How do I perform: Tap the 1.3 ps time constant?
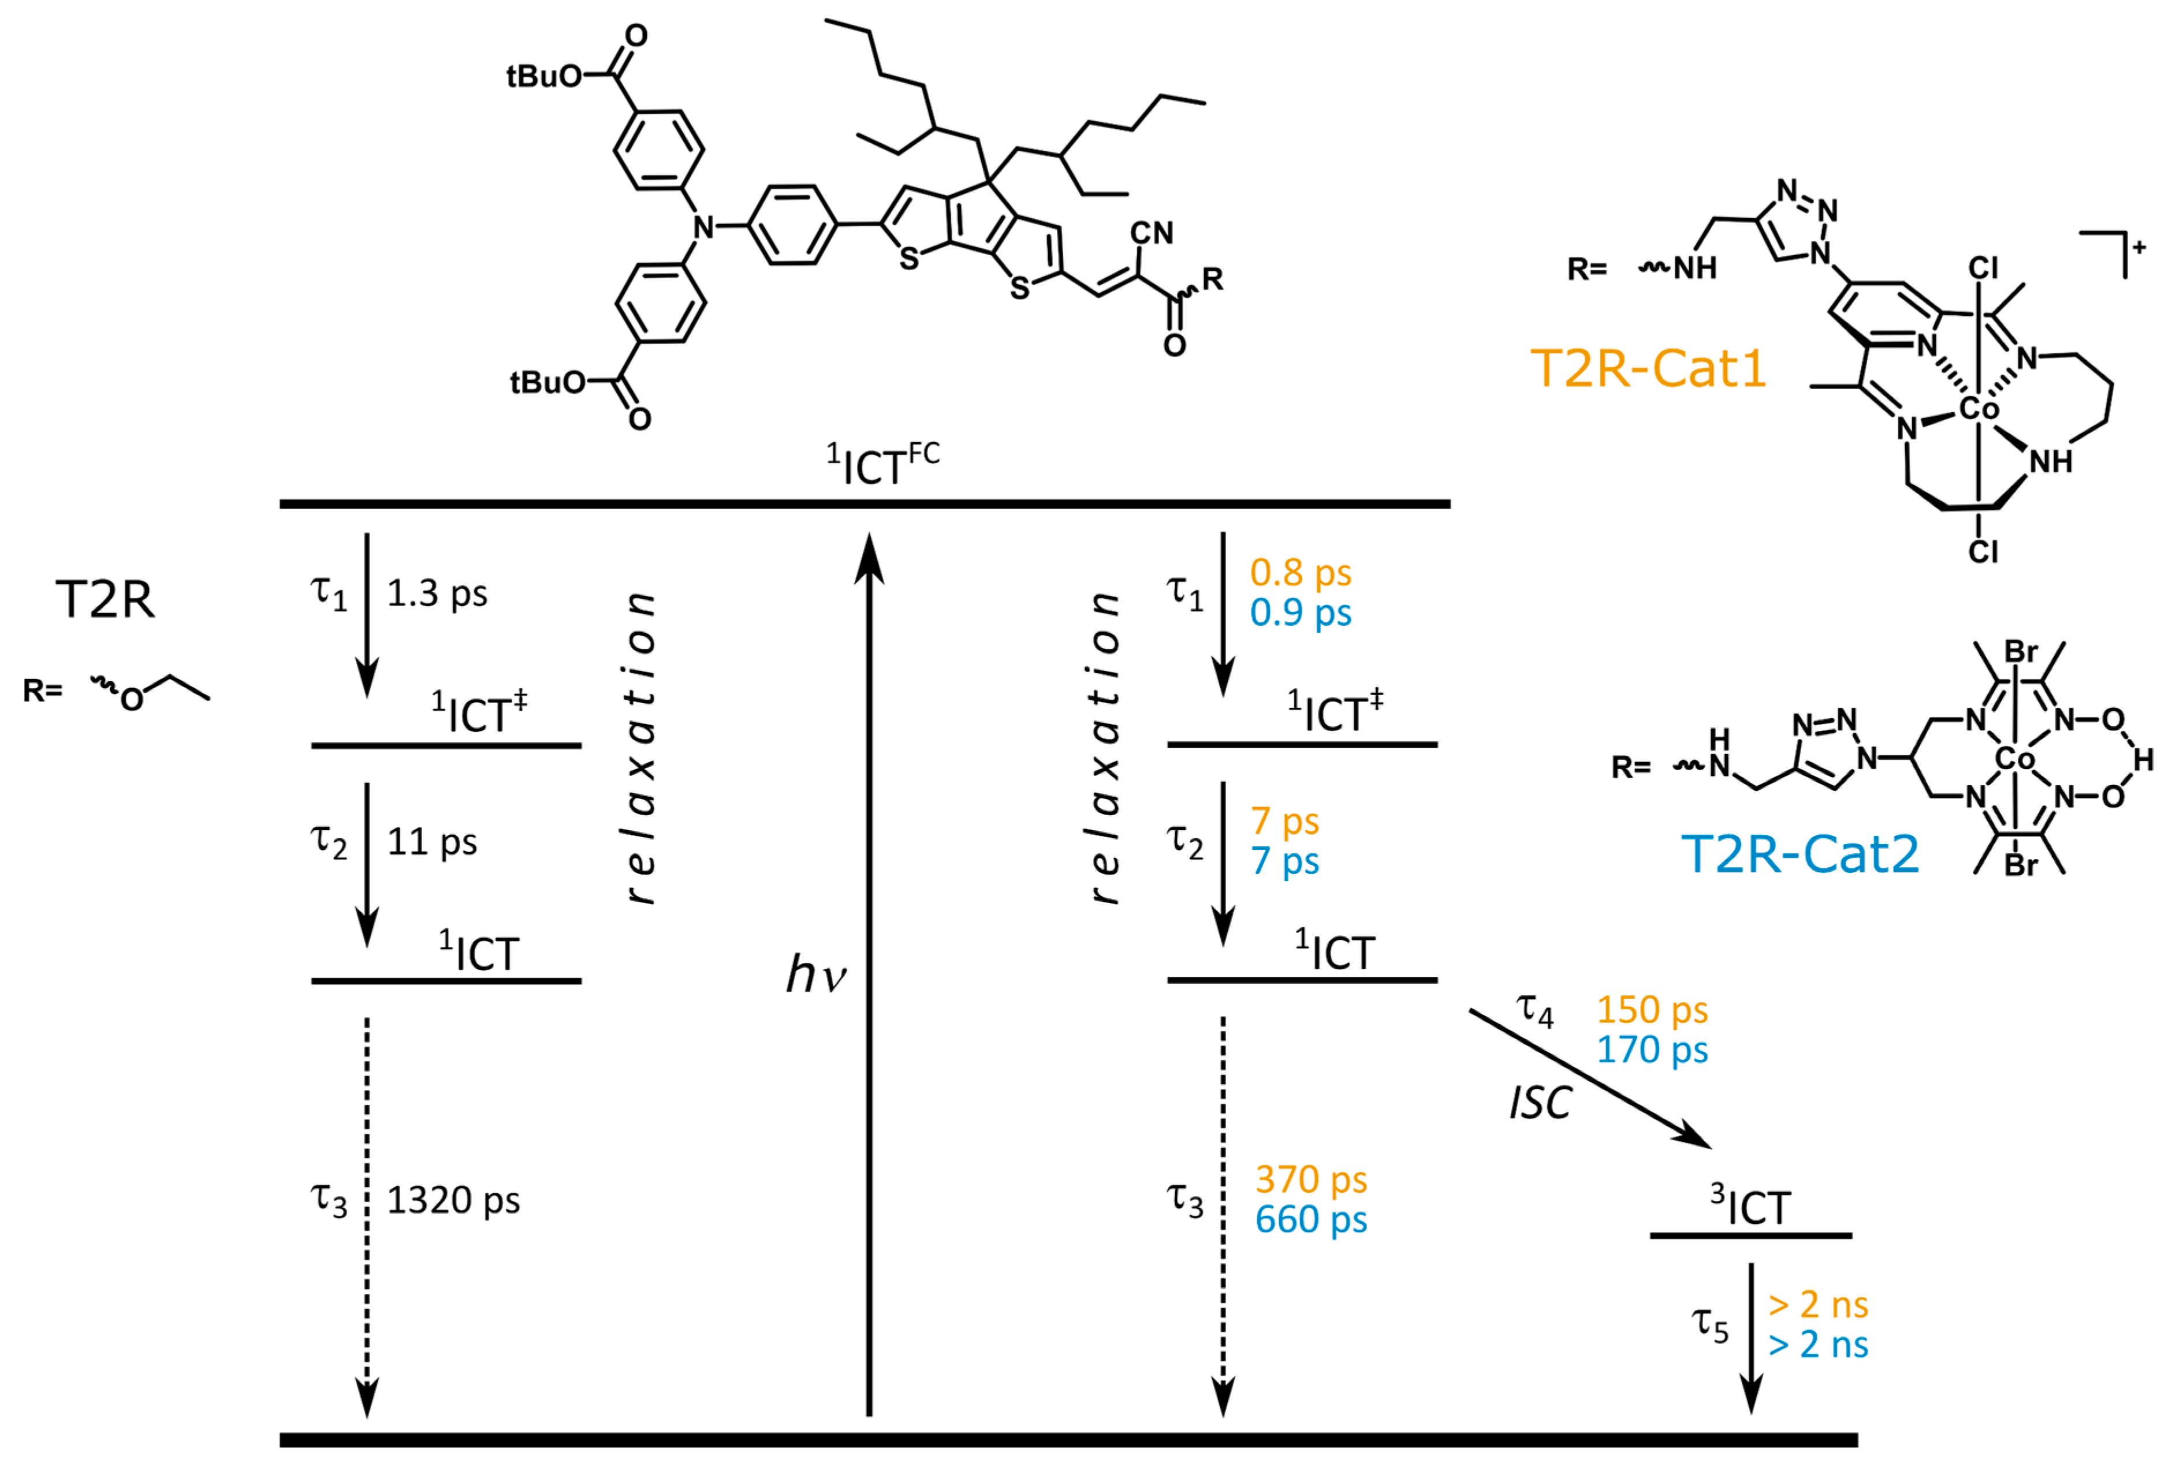coord(437,593)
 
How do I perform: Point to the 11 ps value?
coord(432,842)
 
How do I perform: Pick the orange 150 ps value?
coord(1652,1010)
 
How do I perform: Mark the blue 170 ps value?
coord(1652,1050)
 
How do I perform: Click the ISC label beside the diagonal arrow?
coord(1540,1103)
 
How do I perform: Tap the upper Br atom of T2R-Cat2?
coord(2021,651)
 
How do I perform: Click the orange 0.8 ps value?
coord(1300,573)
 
